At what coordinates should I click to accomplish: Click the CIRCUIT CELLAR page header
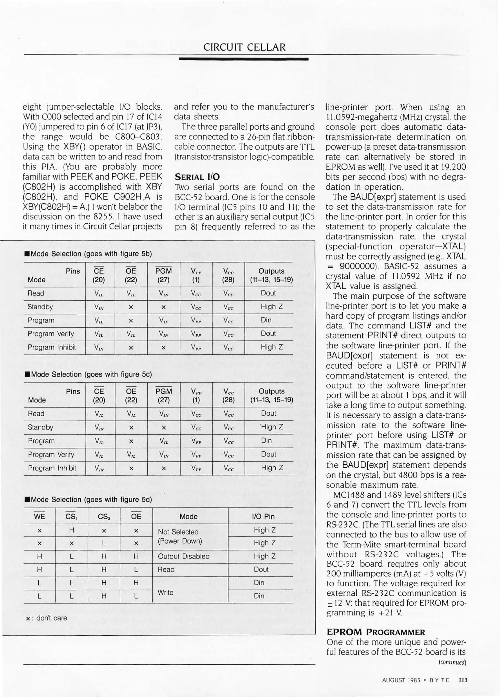[244, 47]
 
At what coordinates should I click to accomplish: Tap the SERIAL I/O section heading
[197, 177]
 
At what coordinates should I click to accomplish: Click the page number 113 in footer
[463, 680]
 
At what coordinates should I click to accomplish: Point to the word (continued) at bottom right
[453, 662]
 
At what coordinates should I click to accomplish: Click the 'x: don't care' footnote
[46, 618]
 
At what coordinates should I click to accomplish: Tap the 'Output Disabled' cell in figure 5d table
[183, 556]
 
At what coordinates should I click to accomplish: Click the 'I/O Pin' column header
[263, 516]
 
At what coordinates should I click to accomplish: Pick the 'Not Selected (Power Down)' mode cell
[178, 536]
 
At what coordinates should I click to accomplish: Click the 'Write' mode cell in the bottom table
[165, 592]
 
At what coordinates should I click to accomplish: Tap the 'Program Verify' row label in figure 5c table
[51, 454]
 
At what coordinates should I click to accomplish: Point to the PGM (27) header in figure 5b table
[164, 275]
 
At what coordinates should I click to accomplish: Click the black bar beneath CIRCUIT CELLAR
[244, 59]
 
